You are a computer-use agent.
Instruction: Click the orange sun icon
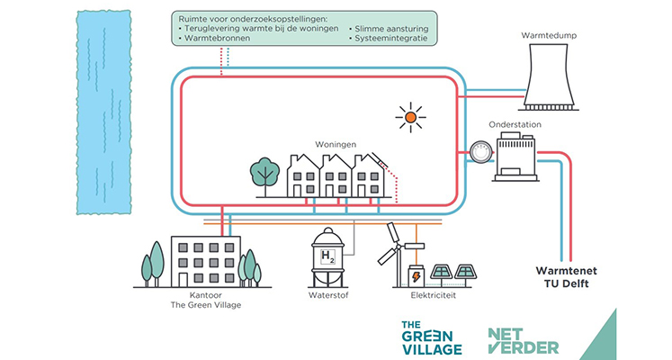(x=410, y=117)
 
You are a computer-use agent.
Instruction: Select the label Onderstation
(x=515, y=124)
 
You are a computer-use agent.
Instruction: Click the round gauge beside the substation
(x=481, y=153)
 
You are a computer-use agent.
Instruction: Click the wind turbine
(x=397, y=254)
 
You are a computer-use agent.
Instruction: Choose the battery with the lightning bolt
(x=416, y=276)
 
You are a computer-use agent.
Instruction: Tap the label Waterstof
(x=328, y=295)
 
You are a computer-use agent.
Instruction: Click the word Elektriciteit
(x=433, y=295)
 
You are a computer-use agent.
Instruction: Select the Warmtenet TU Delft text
(x=566, y=277)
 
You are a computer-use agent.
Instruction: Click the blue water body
(x=103, y=112)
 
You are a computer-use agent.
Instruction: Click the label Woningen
(x=336, y=144)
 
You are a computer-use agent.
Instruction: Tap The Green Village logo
(x=432, y=337)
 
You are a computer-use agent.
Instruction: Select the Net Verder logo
(x=524, y=341)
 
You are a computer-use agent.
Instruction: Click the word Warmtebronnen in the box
(x=218, y=38)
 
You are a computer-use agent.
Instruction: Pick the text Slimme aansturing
(x=391, y=29)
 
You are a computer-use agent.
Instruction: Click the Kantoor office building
(x=206, y=261)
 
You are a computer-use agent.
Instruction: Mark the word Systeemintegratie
(x=390, y=38)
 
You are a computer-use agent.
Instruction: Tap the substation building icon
(x=515, y=156)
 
